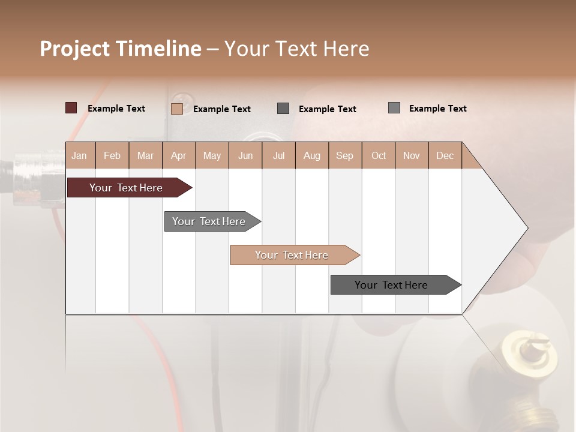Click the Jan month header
pos(80,155)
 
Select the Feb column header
pos(112,155)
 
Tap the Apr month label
pos(179,155)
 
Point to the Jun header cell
pos(245,155)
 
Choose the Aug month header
pos(312,155)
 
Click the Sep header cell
pos(345,155)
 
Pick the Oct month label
pos(379,155)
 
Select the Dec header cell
pos(445,155)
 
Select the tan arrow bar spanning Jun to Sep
pos(293,255)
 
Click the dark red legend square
pos(71,108)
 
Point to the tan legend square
pos(177,109)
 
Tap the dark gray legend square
pos(283,108)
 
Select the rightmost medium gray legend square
pos(394,107)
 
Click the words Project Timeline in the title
pos(121,49)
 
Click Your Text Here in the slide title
pos(297,49)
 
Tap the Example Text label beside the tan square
pos(222,109)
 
